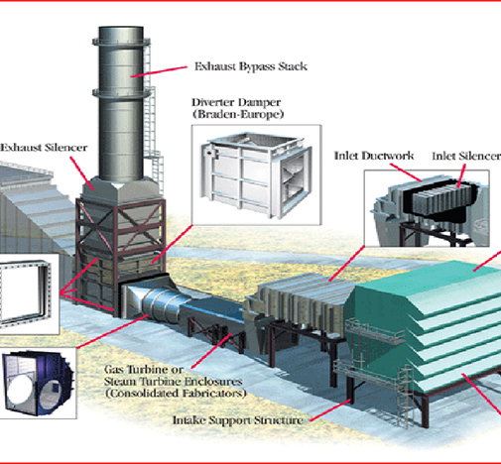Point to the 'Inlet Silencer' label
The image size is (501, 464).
point(465,156)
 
